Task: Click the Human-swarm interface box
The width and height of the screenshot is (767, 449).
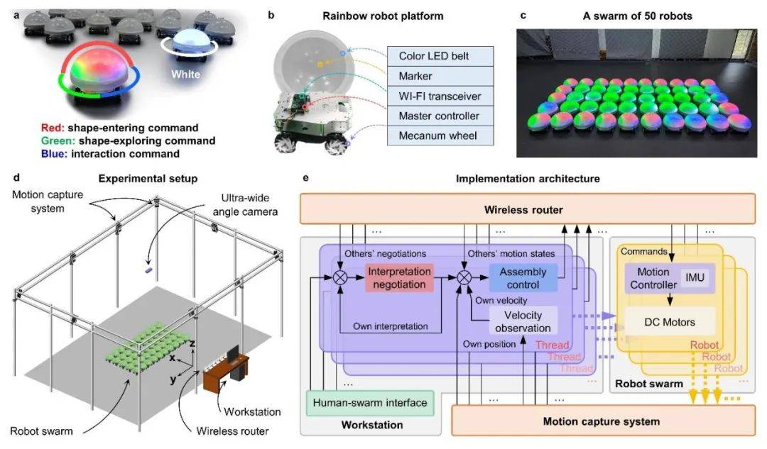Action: pos(371,403)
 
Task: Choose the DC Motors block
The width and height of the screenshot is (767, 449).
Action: pos(670,322)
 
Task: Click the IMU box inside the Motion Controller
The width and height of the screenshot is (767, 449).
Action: pos(694,278)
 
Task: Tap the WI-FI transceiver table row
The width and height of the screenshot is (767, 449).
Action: pos(440,94)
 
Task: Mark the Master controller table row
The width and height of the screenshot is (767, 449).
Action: pos(440,115)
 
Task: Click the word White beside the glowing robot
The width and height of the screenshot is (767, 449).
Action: pos(184,74)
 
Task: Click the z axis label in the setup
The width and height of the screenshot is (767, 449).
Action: pos(192,343)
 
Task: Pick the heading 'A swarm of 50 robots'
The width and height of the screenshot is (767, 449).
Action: pos(642,15)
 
